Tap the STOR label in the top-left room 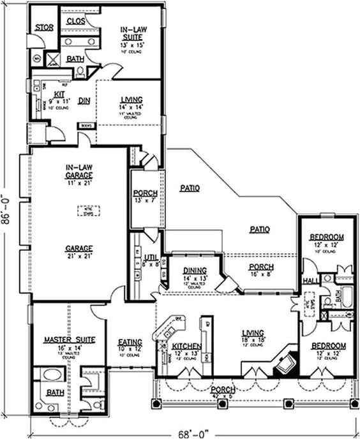pos(43,27)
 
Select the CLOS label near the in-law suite pos(76,20)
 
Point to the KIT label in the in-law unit pos(49,94)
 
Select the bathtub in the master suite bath pos(49,375)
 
